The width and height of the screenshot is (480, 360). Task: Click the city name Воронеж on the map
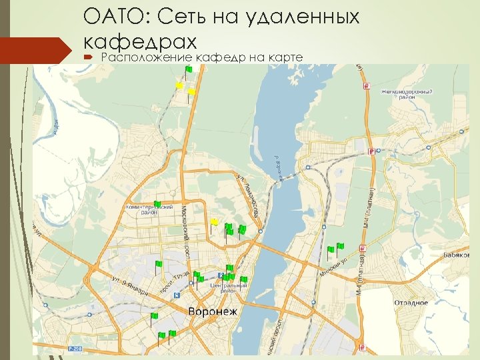pyautogui.click(x=213, y=312)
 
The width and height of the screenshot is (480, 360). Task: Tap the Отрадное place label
pyautogui.click(x=411, y=303)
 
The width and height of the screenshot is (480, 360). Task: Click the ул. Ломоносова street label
pyautogui.click(x=248, y=196)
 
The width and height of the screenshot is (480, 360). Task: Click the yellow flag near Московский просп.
pyautogui.click(x=214, y=221)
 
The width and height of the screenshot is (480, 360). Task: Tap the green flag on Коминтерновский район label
pyautogui.click(x=157, y=203)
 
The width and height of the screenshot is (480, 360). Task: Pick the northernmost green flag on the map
pyautogui.click(x=189, y=69)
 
